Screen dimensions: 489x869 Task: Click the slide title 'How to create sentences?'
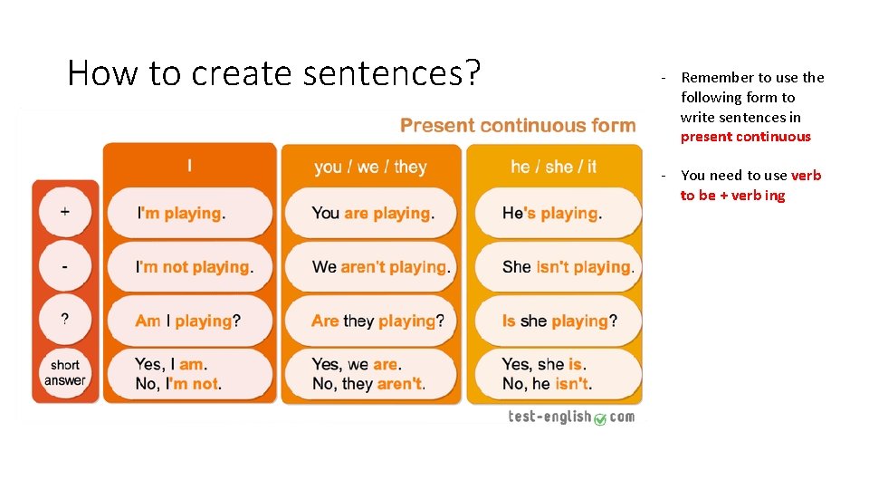click(x=273, y=72)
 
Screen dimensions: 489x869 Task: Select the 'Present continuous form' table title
click(x=518, y=126)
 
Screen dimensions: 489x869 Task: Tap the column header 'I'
click(x=189, y=166)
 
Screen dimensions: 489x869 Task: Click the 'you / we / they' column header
click(x=370, y=167)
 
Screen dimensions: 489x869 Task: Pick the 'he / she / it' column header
click(x=554, y=167)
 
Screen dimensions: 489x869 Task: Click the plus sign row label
click(x=64, y=213)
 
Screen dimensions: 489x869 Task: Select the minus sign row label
click(x=64, y=266)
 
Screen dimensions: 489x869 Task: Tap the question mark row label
click(x=64, y=320)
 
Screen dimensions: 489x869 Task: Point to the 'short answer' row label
click(x=64, y=373)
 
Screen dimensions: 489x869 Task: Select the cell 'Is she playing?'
click(x=559, y=321)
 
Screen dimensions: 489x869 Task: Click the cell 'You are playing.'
click(x=373, y=214)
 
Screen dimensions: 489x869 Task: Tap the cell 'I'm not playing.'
click(x=194, y=267)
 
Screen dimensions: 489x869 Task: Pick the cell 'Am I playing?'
click(x=187, y=321)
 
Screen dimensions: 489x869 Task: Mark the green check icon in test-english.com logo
click(x=599, y=418)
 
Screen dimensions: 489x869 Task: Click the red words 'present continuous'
click(x=746, y=137)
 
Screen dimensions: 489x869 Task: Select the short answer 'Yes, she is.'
click(x=544, y=364)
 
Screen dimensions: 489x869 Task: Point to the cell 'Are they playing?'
click(x=377, y=321)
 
